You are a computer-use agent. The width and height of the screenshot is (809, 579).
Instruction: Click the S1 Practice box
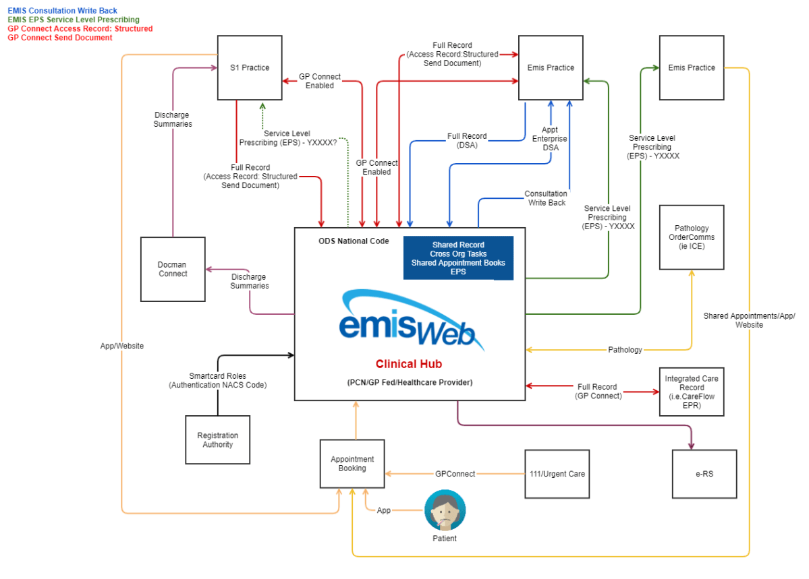pyautogui.click(x=250, y=67)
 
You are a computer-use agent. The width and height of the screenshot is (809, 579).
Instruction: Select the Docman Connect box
pyautogui.click(x=173, y=269)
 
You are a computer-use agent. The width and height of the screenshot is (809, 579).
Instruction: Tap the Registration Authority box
pyautogui.click(x=217, y=439)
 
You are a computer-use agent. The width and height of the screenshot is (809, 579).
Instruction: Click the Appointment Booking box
pyautogui.click(x=352, y=464)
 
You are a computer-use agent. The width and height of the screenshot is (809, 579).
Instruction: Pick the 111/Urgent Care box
pyautogui.click(x=557, y=474)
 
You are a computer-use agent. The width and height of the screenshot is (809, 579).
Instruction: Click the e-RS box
pyautogui.click(x=704, y=474)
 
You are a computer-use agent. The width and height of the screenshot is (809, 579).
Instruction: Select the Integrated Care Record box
pyautogui.click(x=692, y=392)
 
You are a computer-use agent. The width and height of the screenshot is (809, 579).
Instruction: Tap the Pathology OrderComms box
pyautogui.click(x=692, y=237)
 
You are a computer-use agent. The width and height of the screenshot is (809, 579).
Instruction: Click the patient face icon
pyautogui.click(x=445, y=510)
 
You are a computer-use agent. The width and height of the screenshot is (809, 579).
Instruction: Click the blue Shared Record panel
pyautogui.click(x=458, y=258)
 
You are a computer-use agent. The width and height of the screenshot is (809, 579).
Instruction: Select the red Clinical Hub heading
pyautogui.click(x=409, y=364)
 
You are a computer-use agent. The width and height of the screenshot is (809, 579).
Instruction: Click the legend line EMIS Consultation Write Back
pyautogui.click(x=62, y=11)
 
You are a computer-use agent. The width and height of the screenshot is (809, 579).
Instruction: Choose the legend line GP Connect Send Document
pyautogui.click(x=60, y=38)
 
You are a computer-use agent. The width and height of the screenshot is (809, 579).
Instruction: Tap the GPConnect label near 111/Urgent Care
pyautogui.click(x=455, y=474)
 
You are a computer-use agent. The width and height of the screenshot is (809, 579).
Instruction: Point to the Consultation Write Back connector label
pyautogui.click(x=547, y=198)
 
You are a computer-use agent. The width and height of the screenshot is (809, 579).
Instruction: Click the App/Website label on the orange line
pyautogui.click(x=122, y=346)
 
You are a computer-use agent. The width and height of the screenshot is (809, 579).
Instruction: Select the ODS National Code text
pyautogui.click(x=354, y=241)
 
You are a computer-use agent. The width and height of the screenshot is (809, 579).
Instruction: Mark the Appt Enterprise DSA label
pyautogui.click(x=550, y=139)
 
